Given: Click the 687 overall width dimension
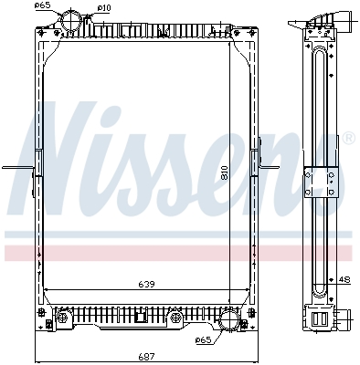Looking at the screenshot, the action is [147, 356].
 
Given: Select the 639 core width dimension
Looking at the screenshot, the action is [147, 284].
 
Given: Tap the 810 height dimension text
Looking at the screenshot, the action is [225, 173].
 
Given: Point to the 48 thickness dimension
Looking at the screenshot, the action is [344, 279].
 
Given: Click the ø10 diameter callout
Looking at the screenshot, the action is [104, 8].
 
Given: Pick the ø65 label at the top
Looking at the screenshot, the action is [42, 5].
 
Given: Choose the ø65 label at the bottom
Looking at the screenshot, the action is [203, 339].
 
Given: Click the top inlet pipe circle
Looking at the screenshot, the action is [71, 21].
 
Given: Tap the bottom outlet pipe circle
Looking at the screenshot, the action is [230, 319].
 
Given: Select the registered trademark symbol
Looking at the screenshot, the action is [349, 138].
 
